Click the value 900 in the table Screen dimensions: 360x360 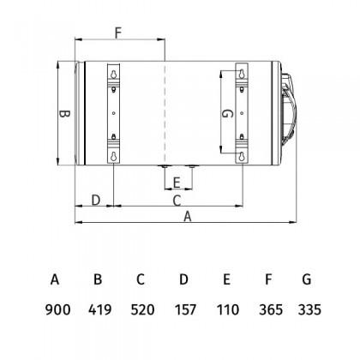tap(57, 309)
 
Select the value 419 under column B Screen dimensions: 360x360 tap(100, 309)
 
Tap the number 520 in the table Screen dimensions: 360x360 tap(142, 309)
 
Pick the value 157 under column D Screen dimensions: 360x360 tap(185, 309)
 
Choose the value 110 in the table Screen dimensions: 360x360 tap(228, 309)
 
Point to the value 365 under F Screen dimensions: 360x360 tap(271, 309)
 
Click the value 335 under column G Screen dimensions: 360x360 tap(309, 309)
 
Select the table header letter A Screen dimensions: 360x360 tap(55, 279)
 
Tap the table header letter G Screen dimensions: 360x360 tap(307, 279)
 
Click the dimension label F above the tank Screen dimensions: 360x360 tap(118, 33)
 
